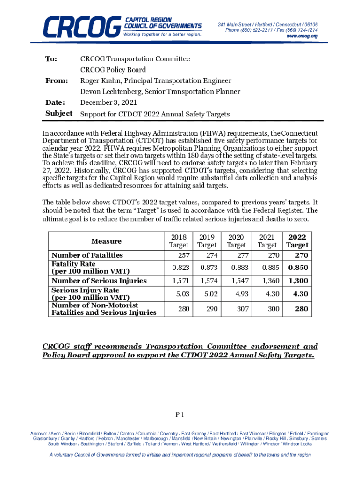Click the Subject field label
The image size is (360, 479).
58,113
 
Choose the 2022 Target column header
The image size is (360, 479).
297,240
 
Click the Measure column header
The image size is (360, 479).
106,241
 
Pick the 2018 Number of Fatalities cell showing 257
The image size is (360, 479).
180,255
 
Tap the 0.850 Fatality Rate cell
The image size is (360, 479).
297,268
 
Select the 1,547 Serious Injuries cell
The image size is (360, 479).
237,281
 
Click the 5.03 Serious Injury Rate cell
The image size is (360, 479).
180,294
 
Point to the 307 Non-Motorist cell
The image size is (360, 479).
237,309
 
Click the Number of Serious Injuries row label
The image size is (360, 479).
99,281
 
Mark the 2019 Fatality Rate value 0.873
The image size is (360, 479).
207,268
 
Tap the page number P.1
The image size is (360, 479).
180,414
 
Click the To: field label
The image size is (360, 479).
51,59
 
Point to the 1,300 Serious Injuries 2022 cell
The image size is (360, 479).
297,281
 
